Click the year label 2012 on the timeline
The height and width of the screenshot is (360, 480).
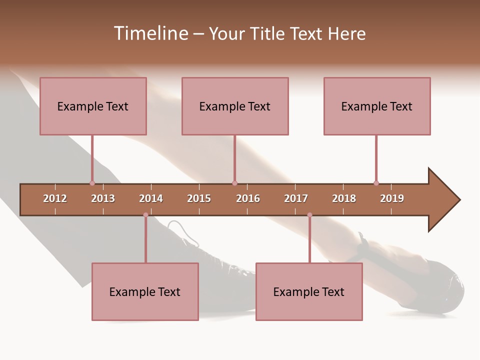(x=55, y=198)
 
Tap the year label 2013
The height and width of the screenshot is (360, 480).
(x=103, y=198)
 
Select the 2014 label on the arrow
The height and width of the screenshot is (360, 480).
(x=151, y=198)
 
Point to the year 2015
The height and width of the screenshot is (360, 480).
(x=199, y=198)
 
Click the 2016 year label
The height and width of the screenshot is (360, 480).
(x=248, y=198)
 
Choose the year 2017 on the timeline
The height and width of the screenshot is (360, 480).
(x=296, y=198)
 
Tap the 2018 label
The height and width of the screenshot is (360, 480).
(x=344, y=198)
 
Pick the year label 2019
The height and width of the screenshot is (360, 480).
(x=392, y=198)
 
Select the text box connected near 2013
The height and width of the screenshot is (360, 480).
(x=93, y=106)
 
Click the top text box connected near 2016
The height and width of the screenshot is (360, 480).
(x=235, y=106)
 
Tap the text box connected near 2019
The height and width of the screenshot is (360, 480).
(x=377, y=106)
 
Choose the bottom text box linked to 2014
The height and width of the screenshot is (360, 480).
(x=145, y=291)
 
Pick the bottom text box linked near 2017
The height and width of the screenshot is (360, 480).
(x=309, y=291)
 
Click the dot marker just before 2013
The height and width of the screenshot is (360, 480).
(x=92, y=183)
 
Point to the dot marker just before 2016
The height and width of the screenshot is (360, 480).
(x=234, y=183)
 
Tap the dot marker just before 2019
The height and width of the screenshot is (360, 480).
(x=376, y=183)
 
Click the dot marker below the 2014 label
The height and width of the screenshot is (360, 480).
(x=145, y=215)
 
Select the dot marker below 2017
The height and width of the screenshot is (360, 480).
(x=309, y=215)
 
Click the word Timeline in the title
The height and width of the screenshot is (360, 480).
(x=150, y=33)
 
